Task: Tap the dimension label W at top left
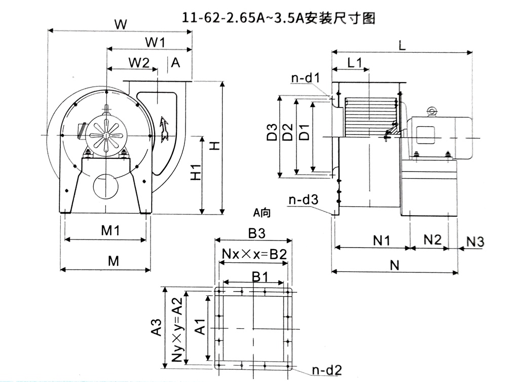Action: (x=120, y=23)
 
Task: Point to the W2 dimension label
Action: (x=138, y=62)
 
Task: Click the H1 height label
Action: (x=196, y=172)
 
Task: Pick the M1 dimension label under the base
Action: (x=110, y=231)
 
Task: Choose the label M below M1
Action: (x=114, y=261)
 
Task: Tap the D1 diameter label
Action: (x=304, y=132)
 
